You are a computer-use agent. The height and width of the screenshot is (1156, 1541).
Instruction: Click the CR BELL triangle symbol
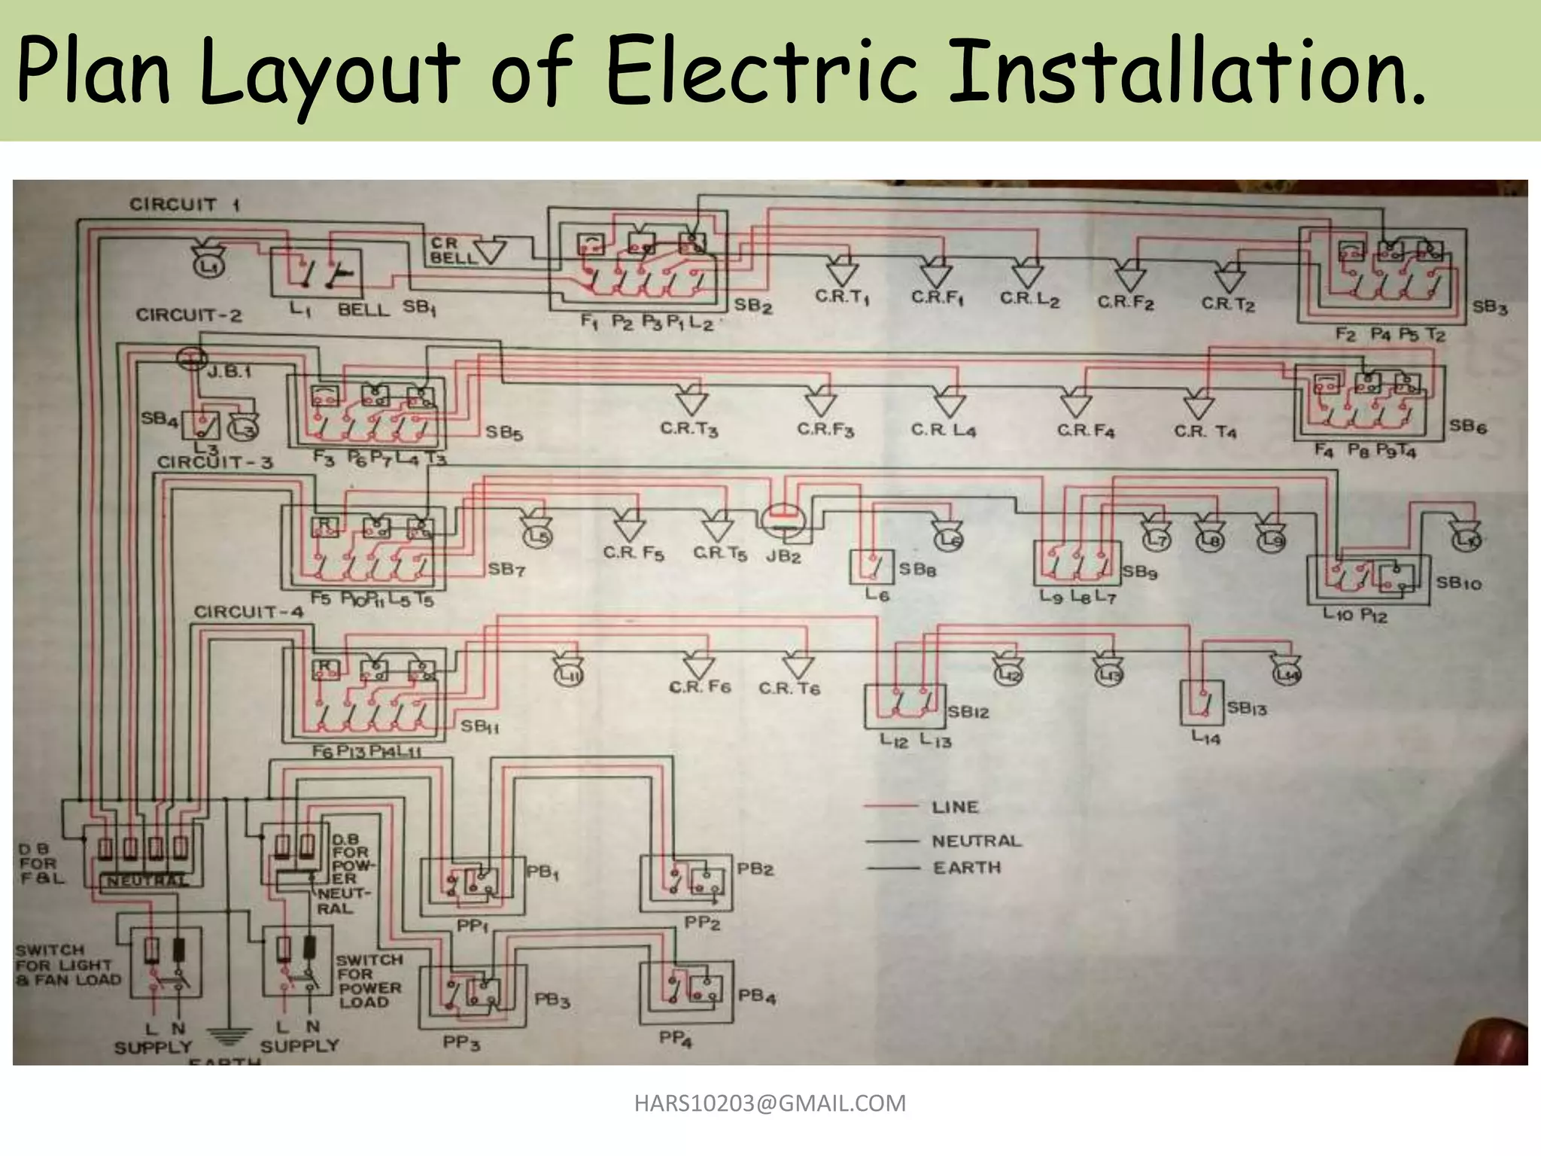pos(490,251)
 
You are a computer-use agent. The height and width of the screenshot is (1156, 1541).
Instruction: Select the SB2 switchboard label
pos(752,305)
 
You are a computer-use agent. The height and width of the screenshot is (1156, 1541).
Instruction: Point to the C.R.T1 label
pos(841,297)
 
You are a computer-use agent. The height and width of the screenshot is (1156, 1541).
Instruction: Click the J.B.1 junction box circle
pos(193,359)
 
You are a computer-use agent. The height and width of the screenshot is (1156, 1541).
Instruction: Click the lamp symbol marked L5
pos(537,536)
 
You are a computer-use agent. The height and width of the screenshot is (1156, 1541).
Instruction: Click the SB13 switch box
pos(1202,703)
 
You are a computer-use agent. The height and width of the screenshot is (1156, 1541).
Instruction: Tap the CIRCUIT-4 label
pos(248,612)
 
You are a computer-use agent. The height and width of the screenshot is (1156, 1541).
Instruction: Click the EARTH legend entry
pos(966,868)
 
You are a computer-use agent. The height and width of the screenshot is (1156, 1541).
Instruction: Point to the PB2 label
pos(755,869)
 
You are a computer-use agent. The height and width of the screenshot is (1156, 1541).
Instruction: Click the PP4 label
pos(675,1039)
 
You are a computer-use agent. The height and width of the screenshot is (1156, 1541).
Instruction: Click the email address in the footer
pos(770,1103)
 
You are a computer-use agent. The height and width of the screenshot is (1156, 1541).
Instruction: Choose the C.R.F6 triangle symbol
pos(698,665)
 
